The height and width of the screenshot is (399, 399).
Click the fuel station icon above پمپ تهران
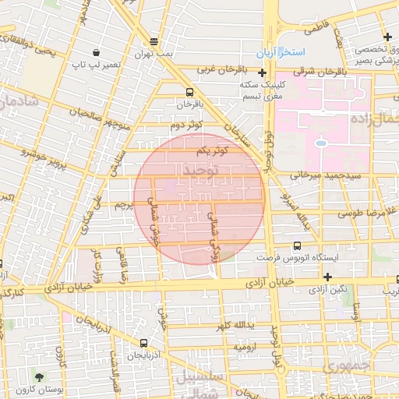pyautogui.click(x=154, y=41)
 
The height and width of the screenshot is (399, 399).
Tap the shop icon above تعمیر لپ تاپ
pyautogui.click(x=96, y=53)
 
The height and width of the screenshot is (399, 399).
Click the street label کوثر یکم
pyautogui.click(x=211, y=149)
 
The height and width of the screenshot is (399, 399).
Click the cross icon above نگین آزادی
pyautogui.click(x=327, y=277)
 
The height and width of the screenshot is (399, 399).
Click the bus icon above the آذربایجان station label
pyautogui.click(x=143, y=343)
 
